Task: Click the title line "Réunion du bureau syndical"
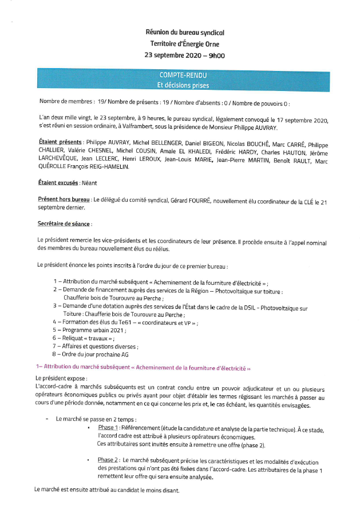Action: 185,34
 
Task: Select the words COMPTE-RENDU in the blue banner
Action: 183,75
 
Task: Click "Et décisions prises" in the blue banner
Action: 183,85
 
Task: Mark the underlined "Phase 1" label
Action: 108,428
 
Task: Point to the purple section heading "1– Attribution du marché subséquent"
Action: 143,367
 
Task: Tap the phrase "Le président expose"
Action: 61,379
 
